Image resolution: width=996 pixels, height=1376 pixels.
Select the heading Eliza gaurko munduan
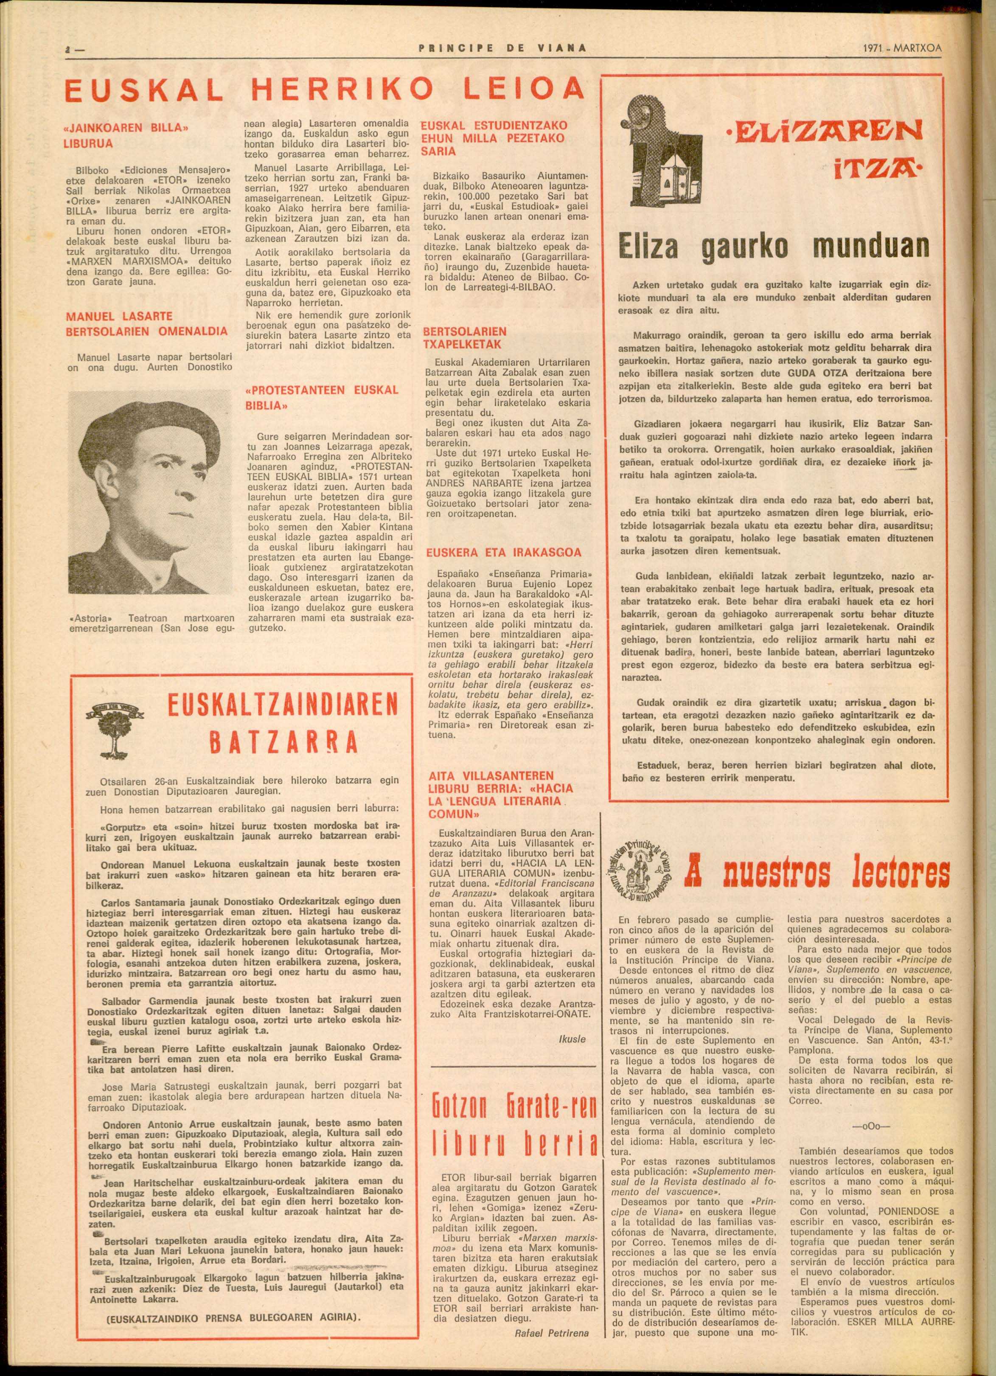(773, 246)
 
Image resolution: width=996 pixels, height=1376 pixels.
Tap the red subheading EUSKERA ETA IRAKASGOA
(503, 553)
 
